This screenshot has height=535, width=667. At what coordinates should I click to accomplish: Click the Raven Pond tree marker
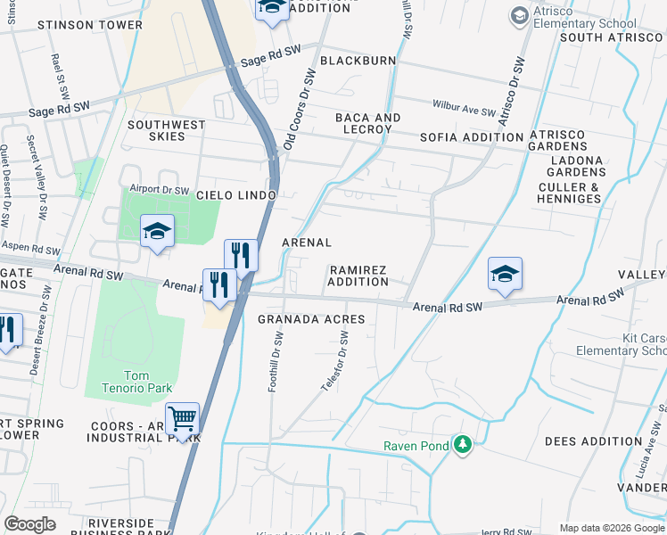pyautogui.click(x=462, y=443)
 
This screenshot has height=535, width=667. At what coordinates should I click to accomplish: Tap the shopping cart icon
pyautogui.click(x=182, y=418)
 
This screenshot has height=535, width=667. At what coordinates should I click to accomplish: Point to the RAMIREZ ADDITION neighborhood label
pyautogui.click(x=358, y=276)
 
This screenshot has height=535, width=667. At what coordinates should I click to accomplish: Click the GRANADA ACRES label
pyautogui.click(x=311, y=319)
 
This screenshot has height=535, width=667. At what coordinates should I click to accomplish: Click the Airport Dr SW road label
pyautogui.click(x=160, y=190)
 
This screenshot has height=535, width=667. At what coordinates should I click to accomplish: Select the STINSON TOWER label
pyautogui.click(x=90, y=25)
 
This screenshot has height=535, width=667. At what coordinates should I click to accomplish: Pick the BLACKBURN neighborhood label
pyautogui.click(x=358, y=61)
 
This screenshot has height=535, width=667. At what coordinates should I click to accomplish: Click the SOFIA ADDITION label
pyautogui.click(x=471, y=137)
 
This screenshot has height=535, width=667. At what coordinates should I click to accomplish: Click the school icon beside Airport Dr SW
pyautogui.click(x=157, y=232)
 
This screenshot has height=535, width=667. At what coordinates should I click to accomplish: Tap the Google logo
pyautogui.click(x=29, y=524)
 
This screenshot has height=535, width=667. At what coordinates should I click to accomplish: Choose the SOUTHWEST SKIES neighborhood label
pyautogui.click(x=167, y=130)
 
